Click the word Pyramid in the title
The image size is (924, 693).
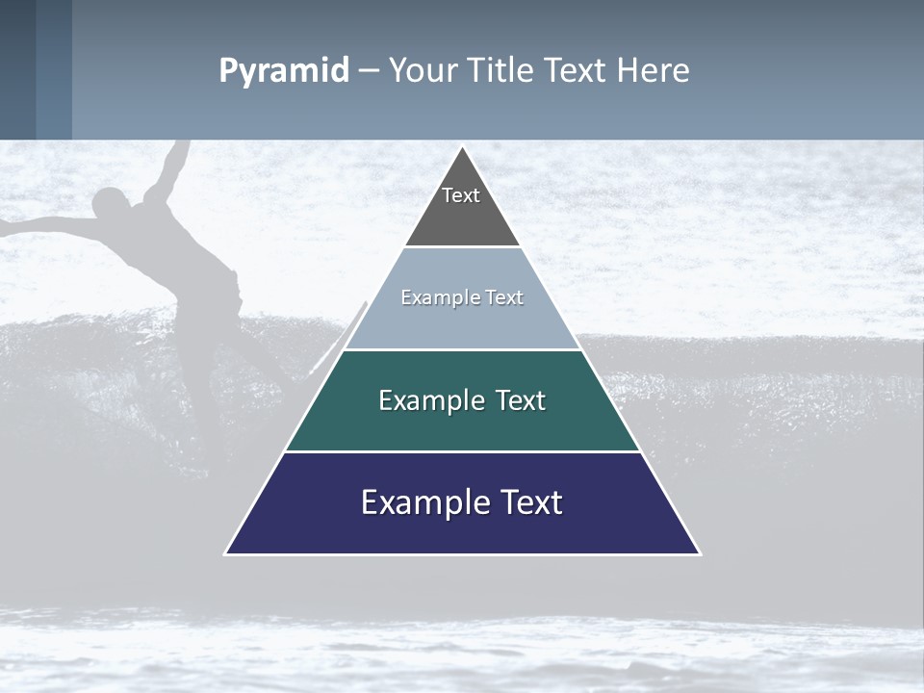(x=284, y=71)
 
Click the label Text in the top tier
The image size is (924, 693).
(x=461, y=195)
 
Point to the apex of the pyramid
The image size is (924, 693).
(x=463, y=148)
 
